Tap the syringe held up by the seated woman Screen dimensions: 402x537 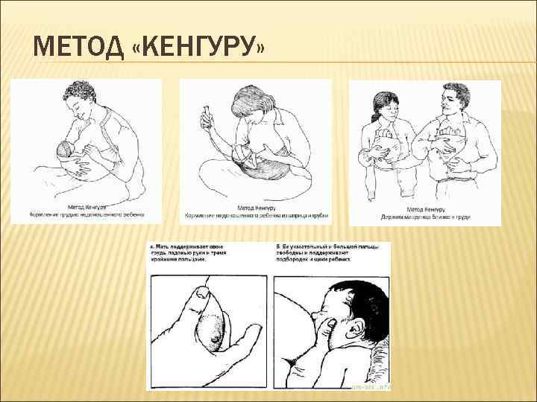pyautogui.click(x=204, y=116)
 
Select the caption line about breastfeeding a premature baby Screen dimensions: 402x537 pyautogui.click(x=85, y=214)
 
